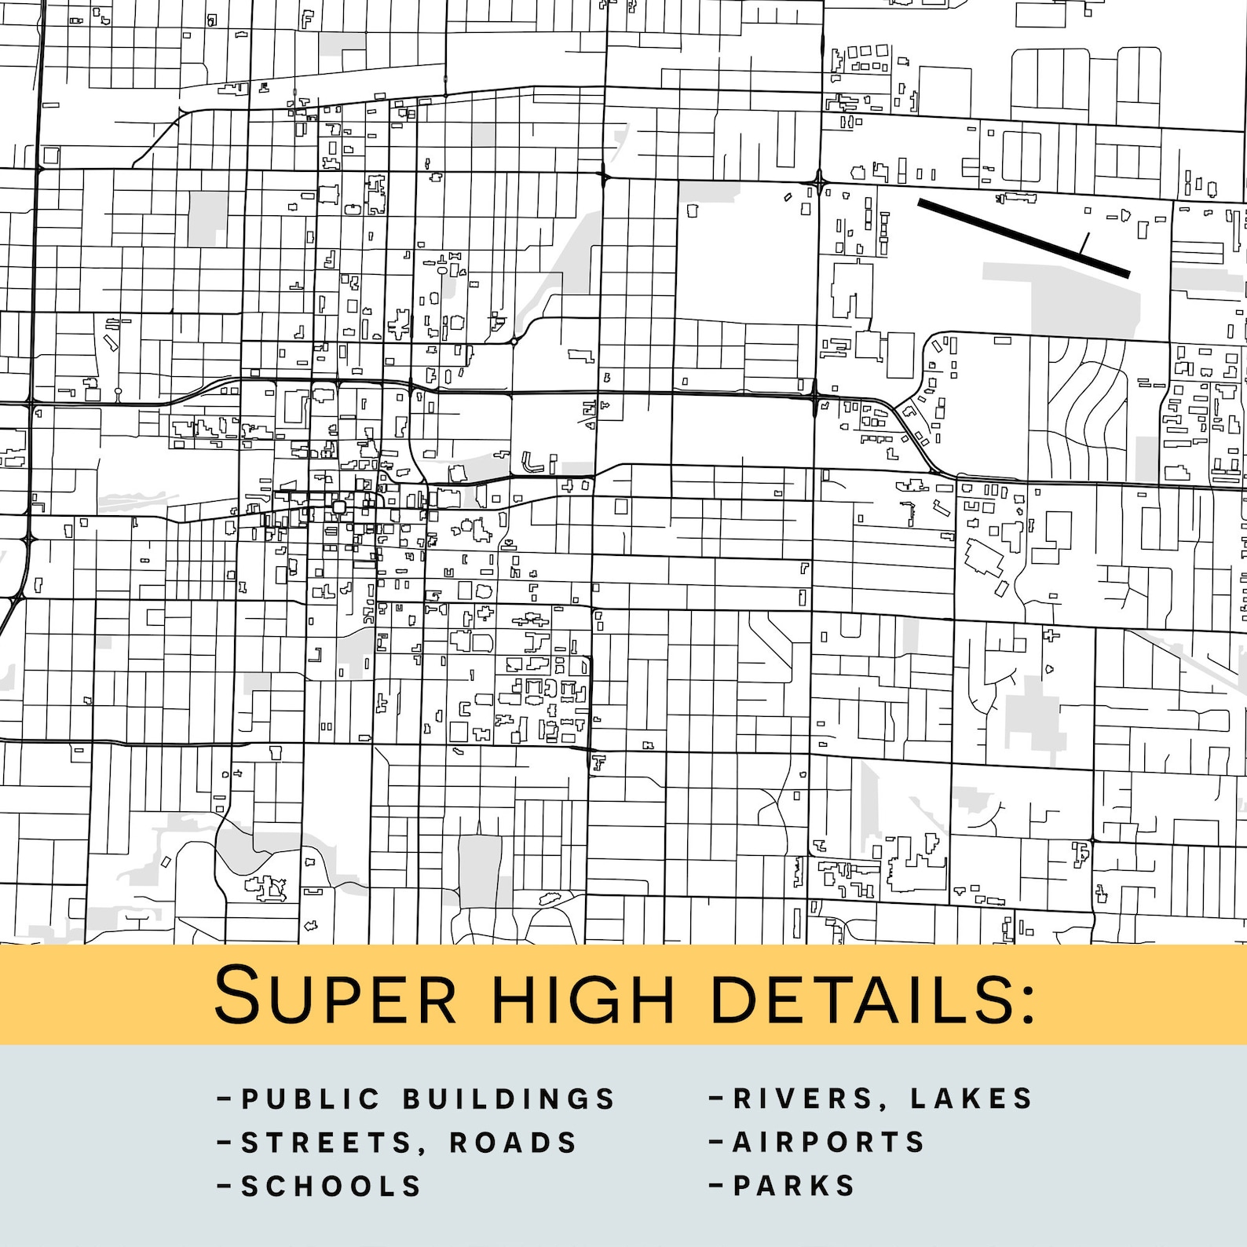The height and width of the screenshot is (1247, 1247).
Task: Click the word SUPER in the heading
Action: tap(335, 996)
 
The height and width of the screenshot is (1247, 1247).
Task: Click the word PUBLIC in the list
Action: tap(311, 1099)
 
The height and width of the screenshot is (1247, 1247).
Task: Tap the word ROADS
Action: tap(513, 1143)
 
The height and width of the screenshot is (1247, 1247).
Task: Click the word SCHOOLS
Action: tap(331, 1186)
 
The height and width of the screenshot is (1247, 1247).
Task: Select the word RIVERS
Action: tap(803, 1098)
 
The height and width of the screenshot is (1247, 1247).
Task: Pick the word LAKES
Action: tap(971, 1098)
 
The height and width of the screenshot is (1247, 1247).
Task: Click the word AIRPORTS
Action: tap(829, 1142)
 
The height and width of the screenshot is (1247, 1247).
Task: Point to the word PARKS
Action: tap(794, 1186)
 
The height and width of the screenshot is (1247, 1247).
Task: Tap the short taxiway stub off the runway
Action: tap(1084, 243)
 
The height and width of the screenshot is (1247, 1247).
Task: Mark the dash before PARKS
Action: tap(715, 1185)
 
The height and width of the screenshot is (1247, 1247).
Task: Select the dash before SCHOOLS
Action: tap(224, 1186)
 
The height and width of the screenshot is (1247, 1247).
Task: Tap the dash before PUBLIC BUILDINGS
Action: tap(224, 1098)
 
